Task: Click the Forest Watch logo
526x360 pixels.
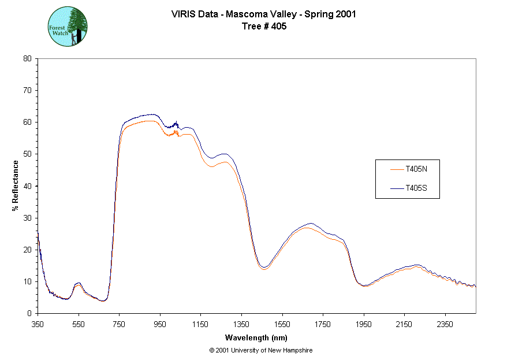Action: (x=67, y=27)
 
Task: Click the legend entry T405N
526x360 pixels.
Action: (x=416, y=169)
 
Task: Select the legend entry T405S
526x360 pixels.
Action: (x=416, y=188)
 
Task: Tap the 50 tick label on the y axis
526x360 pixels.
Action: (x=27, y=154)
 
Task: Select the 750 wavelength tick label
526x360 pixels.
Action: (x=119, y=324)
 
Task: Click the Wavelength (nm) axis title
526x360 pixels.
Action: (x=256, y=338)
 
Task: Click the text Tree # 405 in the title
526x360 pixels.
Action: (x=263, y=26)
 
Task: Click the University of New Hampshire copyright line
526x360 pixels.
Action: (x=261, y=350)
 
